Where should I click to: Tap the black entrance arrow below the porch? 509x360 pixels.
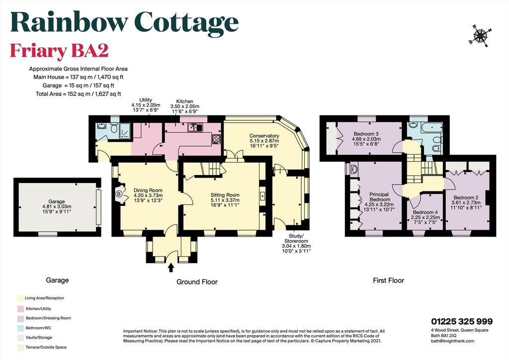[171, 268]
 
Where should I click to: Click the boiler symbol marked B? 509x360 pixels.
[118, 194]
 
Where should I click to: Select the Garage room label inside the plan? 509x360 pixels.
[57, 201]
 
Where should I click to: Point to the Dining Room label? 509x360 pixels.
[148, 190]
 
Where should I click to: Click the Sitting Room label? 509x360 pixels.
[225, 195]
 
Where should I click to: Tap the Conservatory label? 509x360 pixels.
[264, 136]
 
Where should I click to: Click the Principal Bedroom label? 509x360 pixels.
[379, 197]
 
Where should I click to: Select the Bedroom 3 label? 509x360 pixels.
[366, 134]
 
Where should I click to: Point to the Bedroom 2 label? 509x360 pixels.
[466, 198]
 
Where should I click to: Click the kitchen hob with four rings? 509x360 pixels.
[216, 139]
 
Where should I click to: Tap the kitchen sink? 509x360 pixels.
[195, 128]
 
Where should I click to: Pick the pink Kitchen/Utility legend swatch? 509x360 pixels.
[20, 309]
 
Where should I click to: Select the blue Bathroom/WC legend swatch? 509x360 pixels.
[20, 328]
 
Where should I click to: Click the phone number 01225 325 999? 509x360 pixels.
[462, 321]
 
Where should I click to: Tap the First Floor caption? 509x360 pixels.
[388, 280]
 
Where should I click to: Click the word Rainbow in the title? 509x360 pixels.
[69, 22]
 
